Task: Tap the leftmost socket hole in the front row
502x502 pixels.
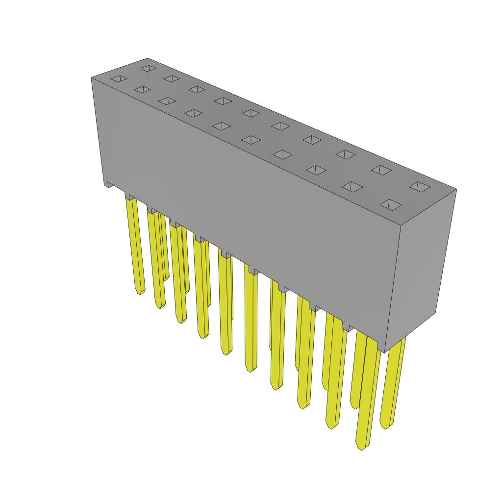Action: [x=118, y=79]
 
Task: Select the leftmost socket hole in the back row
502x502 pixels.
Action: [x=148, y=68]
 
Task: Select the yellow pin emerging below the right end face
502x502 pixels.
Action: [x=394, y=382]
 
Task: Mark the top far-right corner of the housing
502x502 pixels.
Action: [x=456, y=189]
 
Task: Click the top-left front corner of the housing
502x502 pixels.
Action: [x=92, y=78]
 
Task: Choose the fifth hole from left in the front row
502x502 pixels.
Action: [x=221, y=126]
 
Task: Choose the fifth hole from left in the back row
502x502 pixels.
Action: [x=251, y=113]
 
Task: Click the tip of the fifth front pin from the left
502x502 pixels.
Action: [x=226, y=353]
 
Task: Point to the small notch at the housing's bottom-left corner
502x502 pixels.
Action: [x=108, y=185]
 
